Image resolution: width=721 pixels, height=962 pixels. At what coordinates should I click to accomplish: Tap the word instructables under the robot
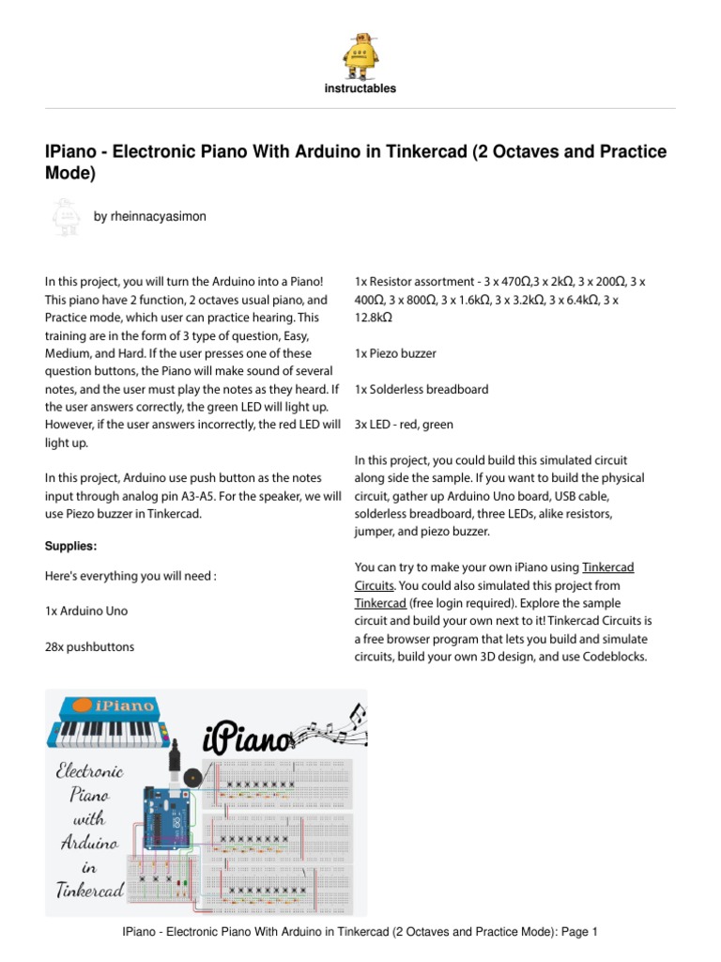point(360,88)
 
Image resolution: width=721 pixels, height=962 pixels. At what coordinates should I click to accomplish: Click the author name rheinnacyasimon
point(150,216)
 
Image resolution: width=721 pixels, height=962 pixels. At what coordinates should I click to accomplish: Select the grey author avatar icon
point(63,217)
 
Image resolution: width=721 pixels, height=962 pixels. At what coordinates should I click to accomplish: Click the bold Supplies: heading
point(71,546)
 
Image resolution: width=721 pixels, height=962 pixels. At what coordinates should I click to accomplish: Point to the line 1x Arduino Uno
point(86,611)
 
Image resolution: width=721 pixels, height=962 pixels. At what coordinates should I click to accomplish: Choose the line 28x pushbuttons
point(89,646)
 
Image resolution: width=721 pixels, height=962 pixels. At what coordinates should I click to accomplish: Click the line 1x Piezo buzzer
point(394,353)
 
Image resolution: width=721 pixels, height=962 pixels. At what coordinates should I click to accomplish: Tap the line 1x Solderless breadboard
point(421,389)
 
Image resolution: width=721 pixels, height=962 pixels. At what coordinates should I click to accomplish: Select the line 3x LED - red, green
point(404,425)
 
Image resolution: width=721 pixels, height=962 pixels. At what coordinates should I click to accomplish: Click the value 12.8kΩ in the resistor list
point(373,318)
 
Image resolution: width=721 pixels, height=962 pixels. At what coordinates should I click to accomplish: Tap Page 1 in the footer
point(579,932)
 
